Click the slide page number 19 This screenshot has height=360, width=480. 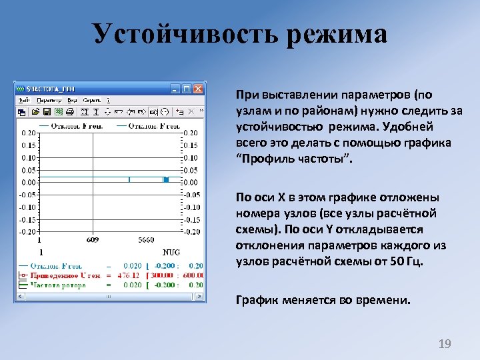click(444, 344)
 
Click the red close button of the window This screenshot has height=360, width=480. click(198, 89)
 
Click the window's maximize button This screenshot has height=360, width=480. click(187, 89)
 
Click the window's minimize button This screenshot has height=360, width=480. click(175, 89)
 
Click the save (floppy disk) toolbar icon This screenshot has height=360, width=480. click(47, 111)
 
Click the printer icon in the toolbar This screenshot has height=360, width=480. click(69, 111)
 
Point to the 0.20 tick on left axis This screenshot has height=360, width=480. click(29, 133)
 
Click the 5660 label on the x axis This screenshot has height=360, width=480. click(147, 241)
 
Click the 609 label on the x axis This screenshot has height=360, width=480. click(93, 241)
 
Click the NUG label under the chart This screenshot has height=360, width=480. click(171, 253)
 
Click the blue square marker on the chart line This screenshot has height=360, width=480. click(166, 180)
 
